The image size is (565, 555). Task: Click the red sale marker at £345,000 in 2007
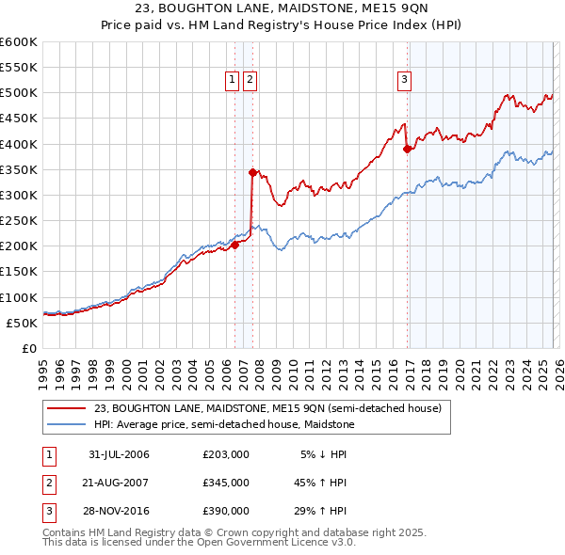(x=252, y=172)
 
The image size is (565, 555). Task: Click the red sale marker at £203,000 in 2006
(x=234, y=245)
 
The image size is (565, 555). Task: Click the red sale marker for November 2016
(x=407, y=149)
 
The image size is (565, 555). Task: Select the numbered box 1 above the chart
(x=232, y=81)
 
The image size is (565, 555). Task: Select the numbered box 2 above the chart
(x=250, y=81)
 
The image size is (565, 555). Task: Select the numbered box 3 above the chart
(x=404, y=81)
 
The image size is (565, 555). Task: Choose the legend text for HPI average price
(x=223, y=425)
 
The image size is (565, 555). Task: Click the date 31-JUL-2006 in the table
(x=119, y=454)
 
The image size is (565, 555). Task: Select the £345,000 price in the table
(x=226, y=483)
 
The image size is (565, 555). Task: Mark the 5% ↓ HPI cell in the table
(x=325, y=454)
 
